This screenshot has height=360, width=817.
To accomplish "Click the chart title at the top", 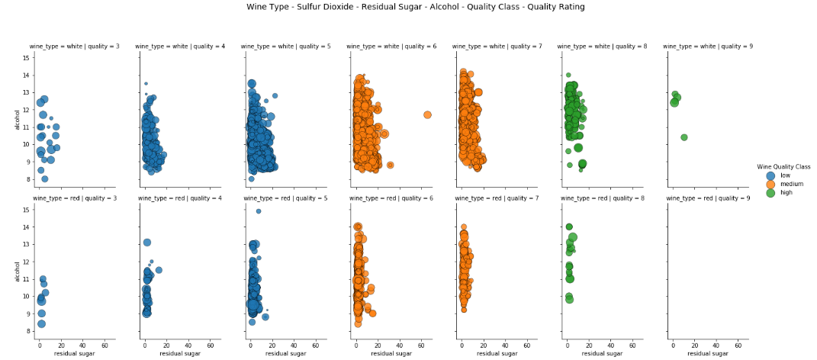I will pyautogui.click(x=416, y=7).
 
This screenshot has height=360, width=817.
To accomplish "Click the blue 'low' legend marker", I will pyautogui.click(x=770, y=175).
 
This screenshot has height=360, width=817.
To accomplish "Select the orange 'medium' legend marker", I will pyautogui.click(x=770, y=184).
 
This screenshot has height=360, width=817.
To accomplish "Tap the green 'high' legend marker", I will pyautogui.click(x=770, y=192).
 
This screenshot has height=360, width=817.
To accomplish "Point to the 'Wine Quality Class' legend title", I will pyautogui.click(x=783, y=166).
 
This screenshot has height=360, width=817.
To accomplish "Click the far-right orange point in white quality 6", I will pyautogui.click(x=427, y=114).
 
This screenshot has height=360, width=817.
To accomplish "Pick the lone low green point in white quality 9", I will pyautogui.click(x=684, y=137).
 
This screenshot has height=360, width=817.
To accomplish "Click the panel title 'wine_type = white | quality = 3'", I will pyautogui.click(x=75, y=47).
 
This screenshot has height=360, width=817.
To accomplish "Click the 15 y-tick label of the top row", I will pyautogui.click(x=27, y=57).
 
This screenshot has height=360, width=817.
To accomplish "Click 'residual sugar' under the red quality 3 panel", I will pyautogui.click(x=73, y=354).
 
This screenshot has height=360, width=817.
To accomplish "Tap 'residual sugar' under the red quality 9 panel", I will pyautogui.click(x=706, y=354).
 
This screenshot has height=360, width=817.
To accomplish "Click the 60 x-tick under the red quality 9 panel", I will pyautogui.click(x=736, y=346).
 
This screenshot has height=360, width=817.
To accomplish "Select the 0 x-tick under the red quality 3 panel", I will pyautogui.click(x=40, y=346).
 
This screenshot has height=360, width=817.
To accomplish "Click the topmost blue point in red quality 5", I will pyautogui.click(x=259, y=211).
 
